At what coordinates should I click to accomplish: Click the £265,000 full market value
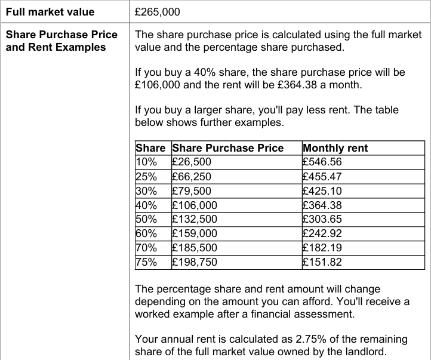tap(158, 12)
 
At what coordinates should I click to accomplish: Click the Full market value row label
tap(50, 12)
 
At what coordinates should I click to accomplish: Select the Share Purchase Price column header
tap(227, 148)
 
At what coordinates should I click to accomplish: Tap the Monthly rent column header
tap(335, 148)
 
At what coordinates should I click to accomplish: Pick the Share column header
tap(150, 148)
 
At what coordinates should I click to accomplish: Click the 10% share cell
tap(146, 162)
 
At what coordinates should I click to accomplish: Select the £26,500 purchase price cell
tap(191, 162)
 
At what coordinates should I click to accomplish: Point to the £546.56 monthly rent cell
tap(322, 162)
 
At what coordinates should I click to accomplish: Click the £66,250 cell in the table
tap(191, 177)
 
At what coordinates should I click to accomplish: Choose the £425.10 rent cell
tap(322, 191)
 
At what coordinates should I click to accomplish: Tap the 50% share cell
tap(146, 219)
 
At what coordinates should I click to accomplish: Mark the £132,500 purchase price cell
tap(194, 219)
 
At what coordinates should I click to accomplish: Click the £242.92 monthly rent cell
tap(322, 233)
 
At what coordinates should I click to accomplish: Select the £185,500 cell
tap(194, 248)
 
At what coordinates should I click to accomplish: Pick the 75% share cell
tap(146, 262)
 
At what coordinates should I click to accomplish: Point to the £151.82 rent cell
tap(322, 262)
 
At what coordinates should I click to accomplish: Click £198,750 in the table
tap(194, 262)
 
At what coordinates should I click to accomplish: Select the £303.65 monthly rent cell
tap(322, 219)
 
